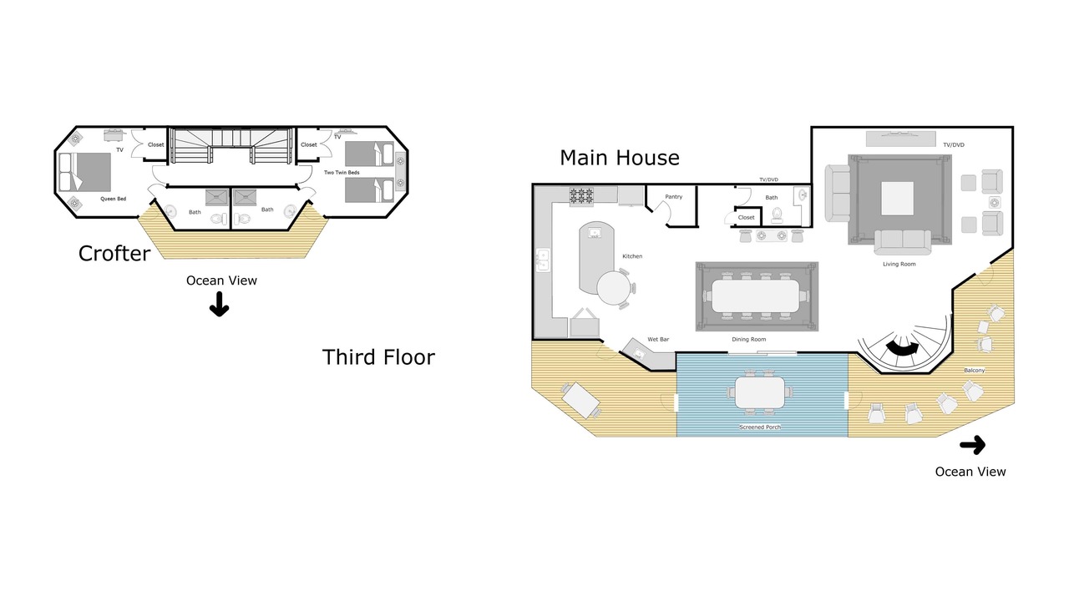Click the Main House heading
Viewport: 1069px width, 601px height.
point(620,158)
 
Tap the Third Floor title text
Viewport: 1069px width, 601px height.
point(378,357)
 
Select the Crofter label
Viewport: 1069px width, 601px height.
point(114,254)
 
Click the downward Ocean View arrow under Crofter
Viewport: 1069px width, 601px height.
point(219,305)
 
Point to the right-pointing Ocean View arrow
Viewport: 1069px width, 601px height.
point(973,446)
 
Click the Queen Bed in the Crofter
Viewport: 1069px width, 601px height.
point(85,172)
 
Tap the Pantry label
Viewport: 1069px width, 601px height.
point(673,196)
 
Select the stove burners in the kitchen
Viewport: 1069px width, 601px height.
point(581,195)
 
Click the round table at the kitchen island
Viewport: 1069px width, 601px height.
point(613,288)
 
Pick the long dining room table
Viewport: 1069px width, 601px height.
point(756,296)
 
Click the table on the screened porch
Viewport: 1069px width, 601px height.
point(760,392)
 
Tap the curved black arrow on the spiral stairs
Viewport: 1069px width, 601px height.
point(902,349)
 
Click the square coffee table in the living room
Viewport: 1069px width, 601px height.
point(897,199)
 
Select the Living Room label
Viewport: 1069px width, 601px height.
point(899,264)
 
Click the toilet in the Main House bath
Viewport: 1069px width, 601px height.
point(777,215)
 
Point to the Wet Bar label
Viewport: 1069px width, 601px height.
point(658,339)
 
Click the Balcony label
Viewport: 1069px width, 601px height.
point(974,370)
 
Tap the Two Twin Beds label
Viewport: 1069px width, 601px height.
point(342,172)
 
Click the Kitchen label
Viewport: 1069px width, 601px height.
point(632,256)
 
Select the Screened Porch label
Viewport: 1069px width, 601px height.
point(760,427)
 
